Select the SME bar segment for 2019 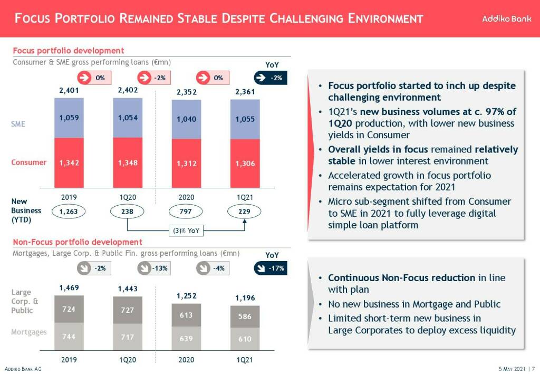[69, 118]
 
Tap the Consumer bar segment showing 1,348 [128, 162]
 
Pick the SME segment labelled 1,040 [187, 119]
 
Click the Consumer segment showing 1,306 [245, 164]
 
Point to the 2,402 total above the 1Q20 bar [128, 90]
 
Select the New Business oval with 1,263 [69, 212]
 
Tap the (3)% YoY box [186, 230]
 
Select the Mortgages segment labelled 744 [69, 337]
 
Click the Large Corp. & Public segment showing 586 [245, 317]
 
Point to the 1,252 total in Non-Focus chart [186, 296]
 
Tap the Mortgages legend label [29, 332]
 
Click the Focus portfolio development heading [68, 51]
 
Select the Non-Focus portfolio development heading [77, 242]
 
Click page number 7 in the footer [533, 369]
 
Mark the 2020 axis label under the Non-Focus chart [186, 359]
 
